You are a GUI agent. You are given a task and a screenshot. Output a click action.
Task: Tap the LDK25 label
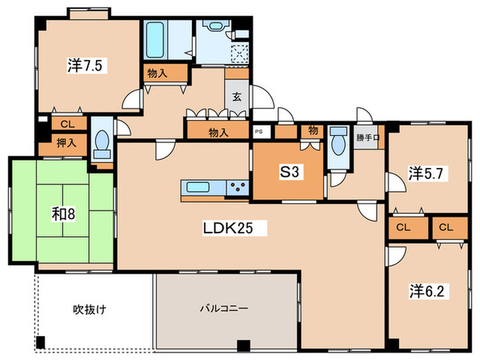coord(228,228)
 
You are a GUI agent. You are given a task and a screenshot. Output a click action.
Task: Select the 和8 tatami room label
coord(63,214)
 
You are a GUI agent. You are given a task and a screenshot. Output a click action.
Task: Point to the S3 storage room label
coord(289,171)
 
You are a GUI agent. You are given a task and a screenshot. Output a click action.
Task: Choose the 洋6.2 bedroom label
coord(427,291)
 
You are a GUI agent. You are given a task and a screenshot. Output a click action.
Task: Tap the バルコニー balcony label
coord(224,308)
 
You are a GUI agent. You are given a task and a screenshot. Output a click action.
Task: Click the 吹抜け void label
coord(89,309)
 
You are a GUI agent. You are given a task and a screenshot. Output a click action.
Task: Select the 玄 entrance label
coord(237,97)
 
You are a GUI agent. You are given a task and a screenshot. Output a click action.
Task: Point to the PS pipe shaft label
coord(259,132)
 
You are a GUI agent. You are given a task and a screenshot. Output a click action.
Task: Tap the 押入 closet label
coord(67,143)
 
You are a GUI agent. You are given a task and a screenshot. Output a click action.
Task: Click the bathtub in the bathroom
coord(155,40)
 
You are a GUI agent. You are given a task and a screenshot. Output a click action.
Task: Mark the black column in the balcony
coord(243,346)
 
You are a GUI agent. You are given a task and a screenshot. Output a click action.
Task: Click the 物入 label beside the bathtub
coord(157,73)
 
